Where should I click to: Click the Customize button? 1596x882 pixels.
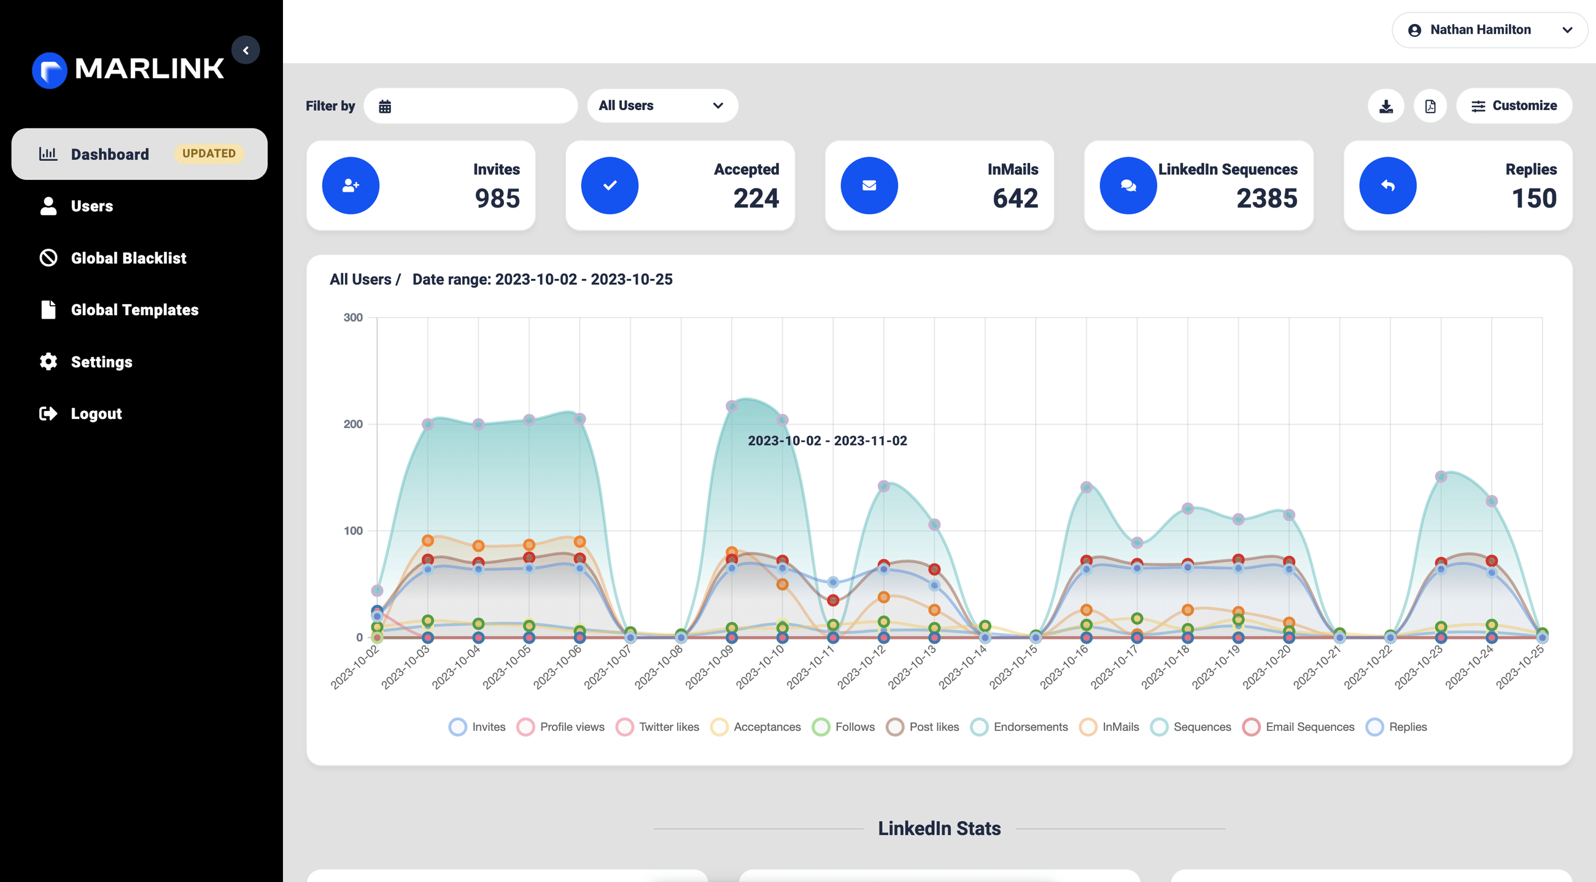coord(1514,106)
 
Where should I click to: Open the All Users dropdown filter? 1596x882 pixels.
coord(661,106)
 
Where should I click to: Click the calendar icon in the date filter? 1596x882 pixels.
coord(385,107)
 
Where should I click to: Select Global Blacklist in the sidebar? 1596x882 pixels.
coord(128,258)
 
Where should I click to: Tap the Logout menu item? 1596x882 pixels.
coord(96,413)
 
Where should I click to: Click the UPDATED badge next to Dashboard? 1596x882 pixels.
coord(209,154)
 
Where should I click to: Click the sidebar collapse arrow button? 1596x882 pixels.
coord(246,50)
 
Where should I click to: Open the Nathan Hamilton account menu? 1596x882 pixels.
coord(1489,29)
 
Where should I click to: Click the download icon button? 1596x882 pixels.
coord(1386,107)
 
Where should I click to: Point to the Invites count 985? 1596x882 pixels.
coord(497,198)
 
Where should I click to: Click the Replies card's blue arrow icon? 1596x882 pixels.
coord(1387,185)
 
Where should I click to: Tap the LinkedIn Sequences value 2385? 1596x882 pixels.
coord(1266,198)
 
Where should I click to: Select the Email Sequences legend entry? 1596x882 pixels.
coord(1299,727)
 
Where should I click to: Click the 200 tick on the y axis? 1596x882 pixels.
coord(353,424)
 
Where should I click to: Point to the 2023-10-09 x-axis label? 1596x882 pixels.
coord(710,668)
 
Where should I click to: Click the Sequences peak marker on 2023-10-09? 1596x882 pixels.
coord(732,406)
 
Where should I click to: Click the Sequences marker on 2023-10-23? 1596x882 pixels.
coord(1441,477)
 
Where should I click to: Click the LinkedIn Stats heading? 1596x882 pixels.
coord(939,828)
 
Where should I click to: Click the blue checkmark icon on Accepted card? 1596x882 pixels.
coord(610,185)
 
